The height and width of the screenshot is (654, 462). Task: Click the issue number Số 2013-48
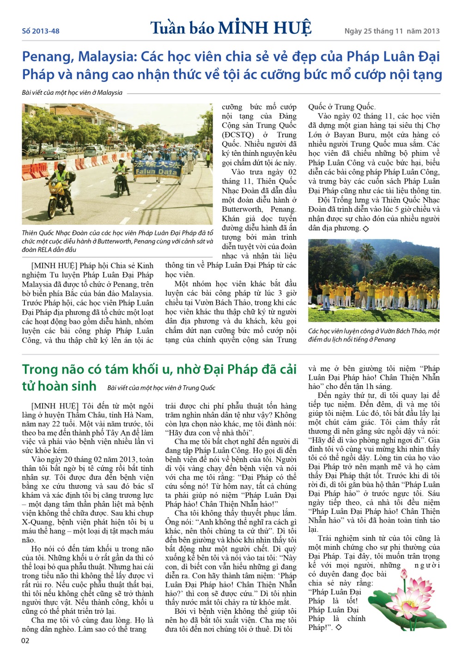tap(41, 31)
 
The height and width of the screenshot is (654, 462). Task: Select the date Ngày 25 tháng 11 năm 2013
tap(392, 31)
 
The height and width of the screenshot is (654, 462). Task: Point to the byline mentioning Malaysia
tap(72, 93)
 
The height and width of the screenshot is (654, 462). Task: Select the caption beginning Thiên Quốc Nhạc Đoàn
tap(117, 241)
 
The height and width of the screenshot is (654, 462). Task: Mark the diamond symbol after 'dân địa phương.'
tap(366, 228)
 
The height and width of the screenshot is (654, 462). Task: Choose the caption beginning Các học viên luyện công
tap(373, 335)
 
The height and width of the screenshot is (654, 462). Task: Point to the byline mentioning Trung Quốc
tap(161, 388)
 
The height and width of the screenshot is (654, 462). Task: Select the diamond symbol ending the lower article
tap(339, 628)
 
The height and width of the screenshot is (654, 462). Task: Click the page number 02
tap(25, 641)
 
